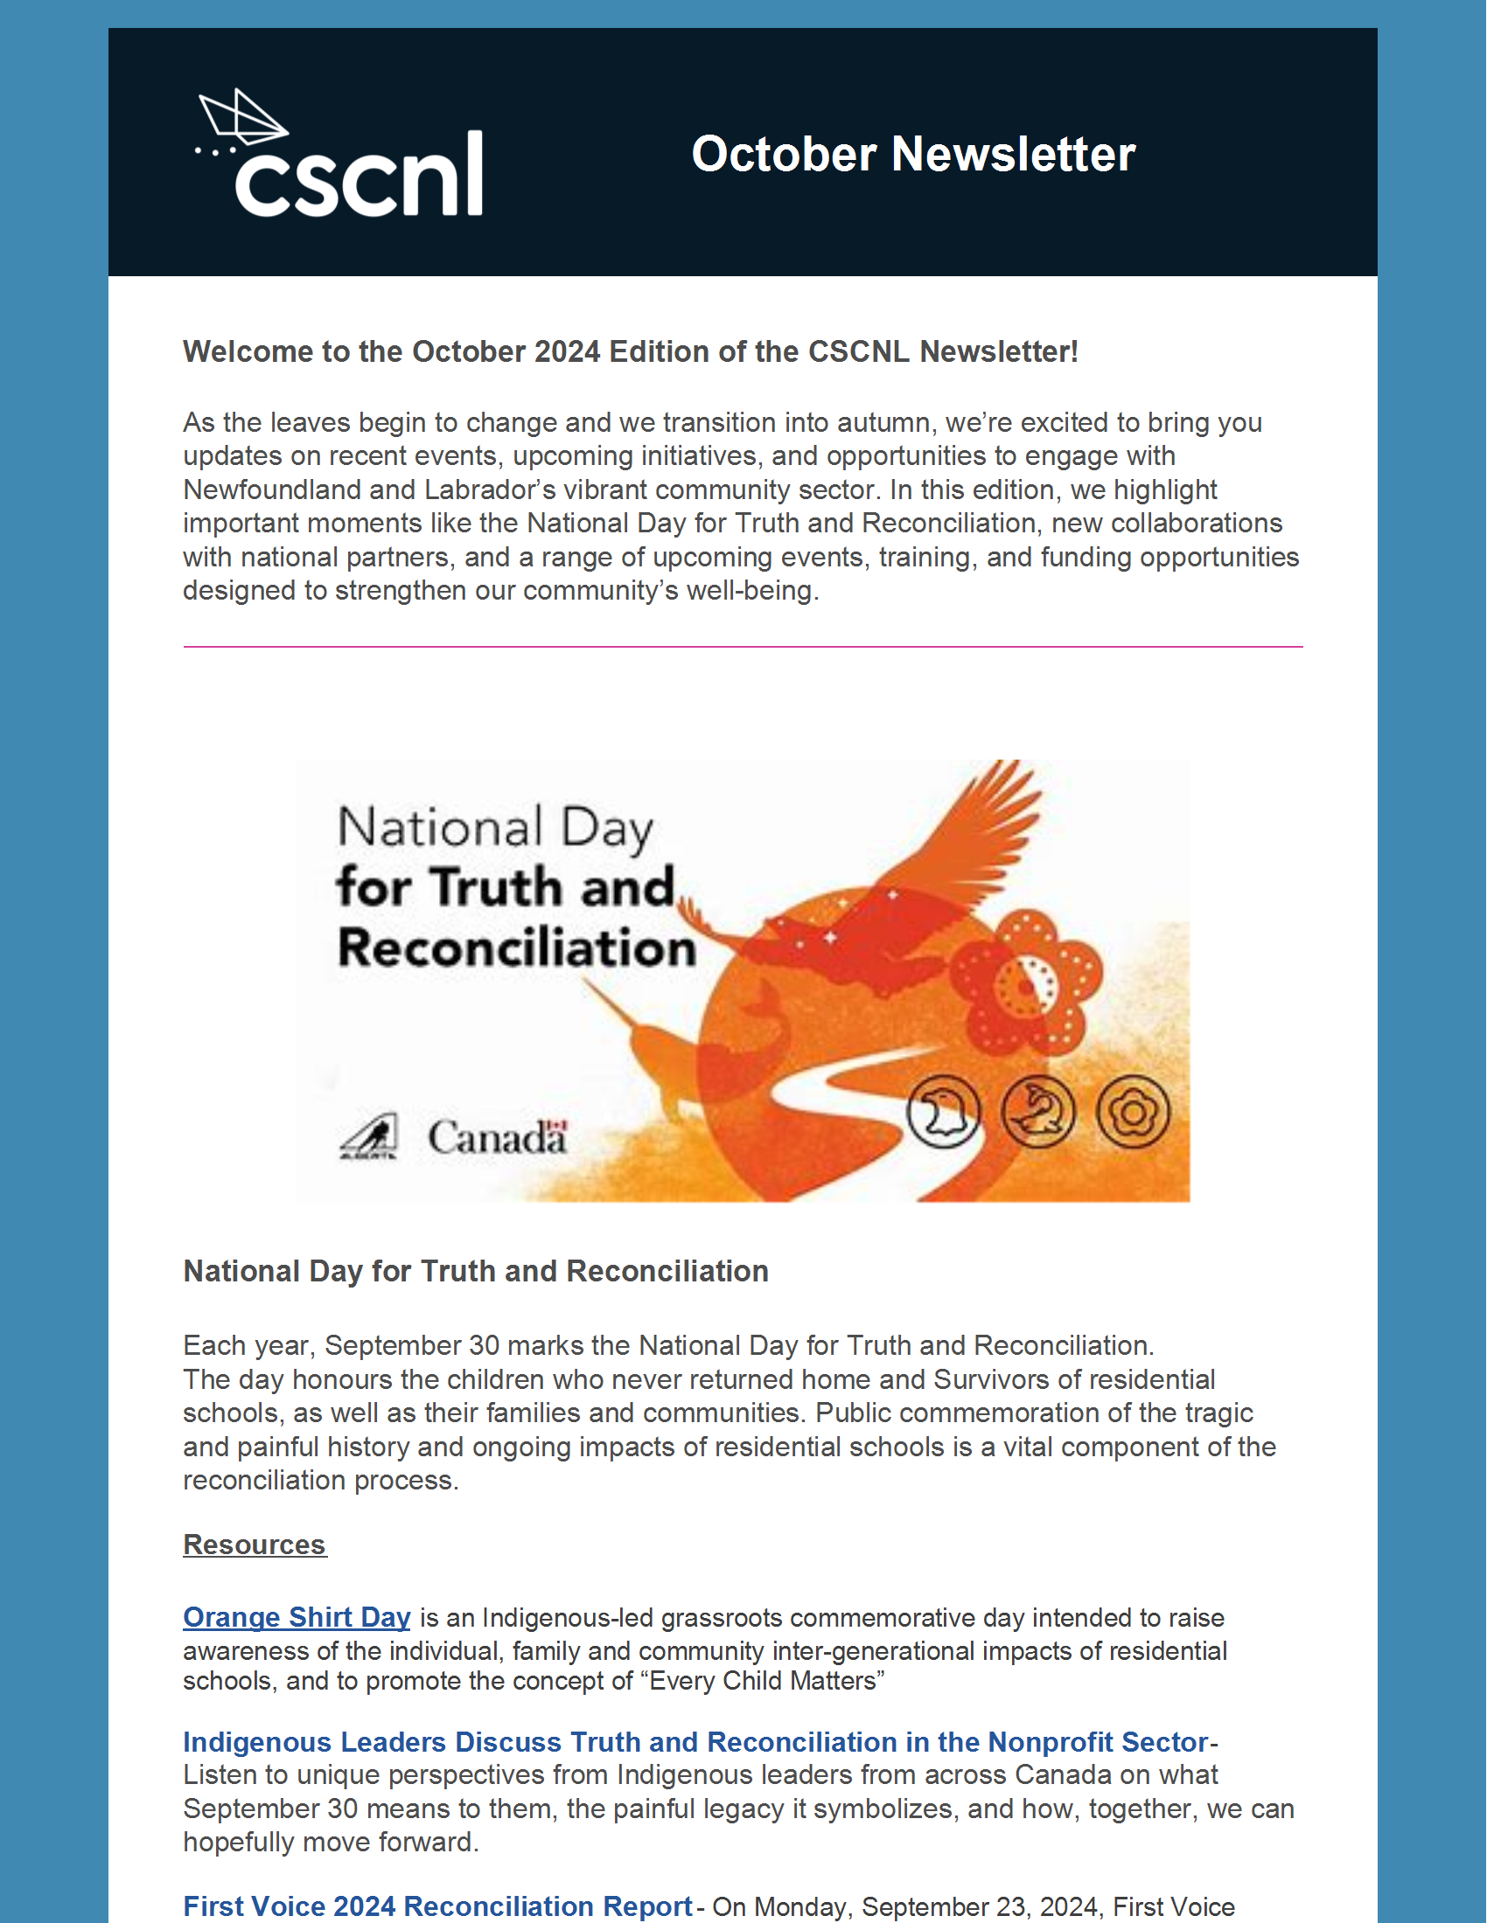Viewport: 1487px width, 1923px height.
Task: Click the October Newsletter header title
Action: coord(913,154)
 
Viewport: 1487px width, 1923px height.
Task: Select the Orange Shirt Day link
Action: coord(297,1617)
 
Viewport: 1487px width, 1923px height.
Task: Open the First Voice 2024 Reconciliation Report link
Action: coord(438,1906)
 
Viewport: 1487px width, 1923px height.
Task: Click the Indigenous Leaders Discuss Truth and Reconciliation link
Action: coord(696,1741)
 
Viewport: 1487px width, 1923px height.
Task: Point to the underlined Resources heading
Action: coord(255,1545)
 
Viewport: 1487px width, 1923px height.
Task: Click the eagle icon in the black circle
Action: coord(944,1112)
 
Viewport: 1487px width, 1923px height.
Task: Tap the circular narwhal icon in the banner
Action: coord(1038,1112)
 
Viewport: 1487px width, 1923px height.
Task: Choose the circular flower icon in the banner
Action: coord(1134,1112)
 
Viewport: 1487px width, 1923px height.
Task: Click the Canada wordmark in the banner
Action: coord(498,1136)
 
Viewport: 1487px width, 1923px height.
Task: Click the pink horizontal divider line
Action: coord(743,647)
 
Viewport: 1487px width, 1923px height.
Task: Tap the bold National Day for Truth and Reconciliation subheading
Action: coord(476,1272)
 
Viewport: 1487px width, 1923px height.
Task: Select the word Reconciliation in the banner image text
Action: coord(517,948)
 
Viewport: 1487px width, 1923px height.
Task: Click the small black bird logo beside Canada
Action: coord(369,1136)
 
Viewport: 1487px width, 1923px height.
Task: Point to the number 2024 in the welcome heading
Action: coord(567,352)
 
